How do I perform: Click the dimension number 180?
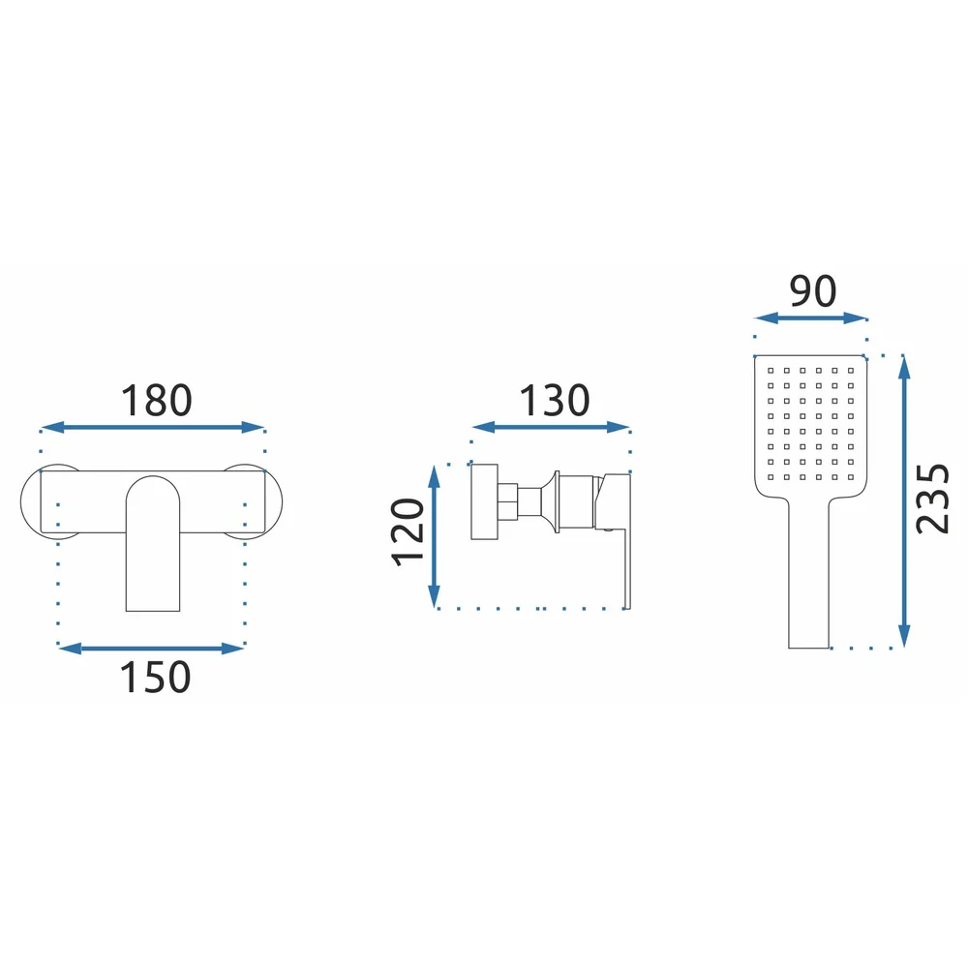(156, 400)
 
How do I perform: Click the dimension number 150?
(155, 677)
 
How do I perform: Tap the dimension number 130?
(555, 400)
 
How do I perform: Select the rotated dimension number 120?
(408, 531)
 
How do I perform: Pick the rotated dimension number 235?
(932, 499)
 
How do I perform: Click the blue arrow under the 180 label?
(153, 427)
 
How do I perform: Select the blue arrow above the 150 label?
(151, 649)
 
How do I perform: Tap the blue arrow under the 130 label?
(551, 427)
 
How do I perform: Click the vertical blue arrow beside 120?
(434, 536)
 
